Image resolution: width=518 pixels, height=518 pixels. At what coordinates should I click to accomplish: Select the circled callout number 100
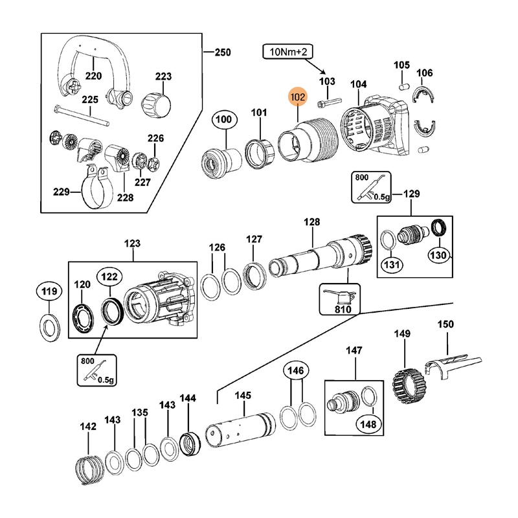click(x=223, y=119)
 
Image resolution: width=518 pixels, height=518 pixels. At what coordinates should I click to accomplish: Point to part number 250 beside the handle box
click(x=222, y=52)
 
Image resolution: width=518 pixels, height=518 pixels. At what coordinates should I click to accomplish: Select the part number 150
click(x=445, y=324)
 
